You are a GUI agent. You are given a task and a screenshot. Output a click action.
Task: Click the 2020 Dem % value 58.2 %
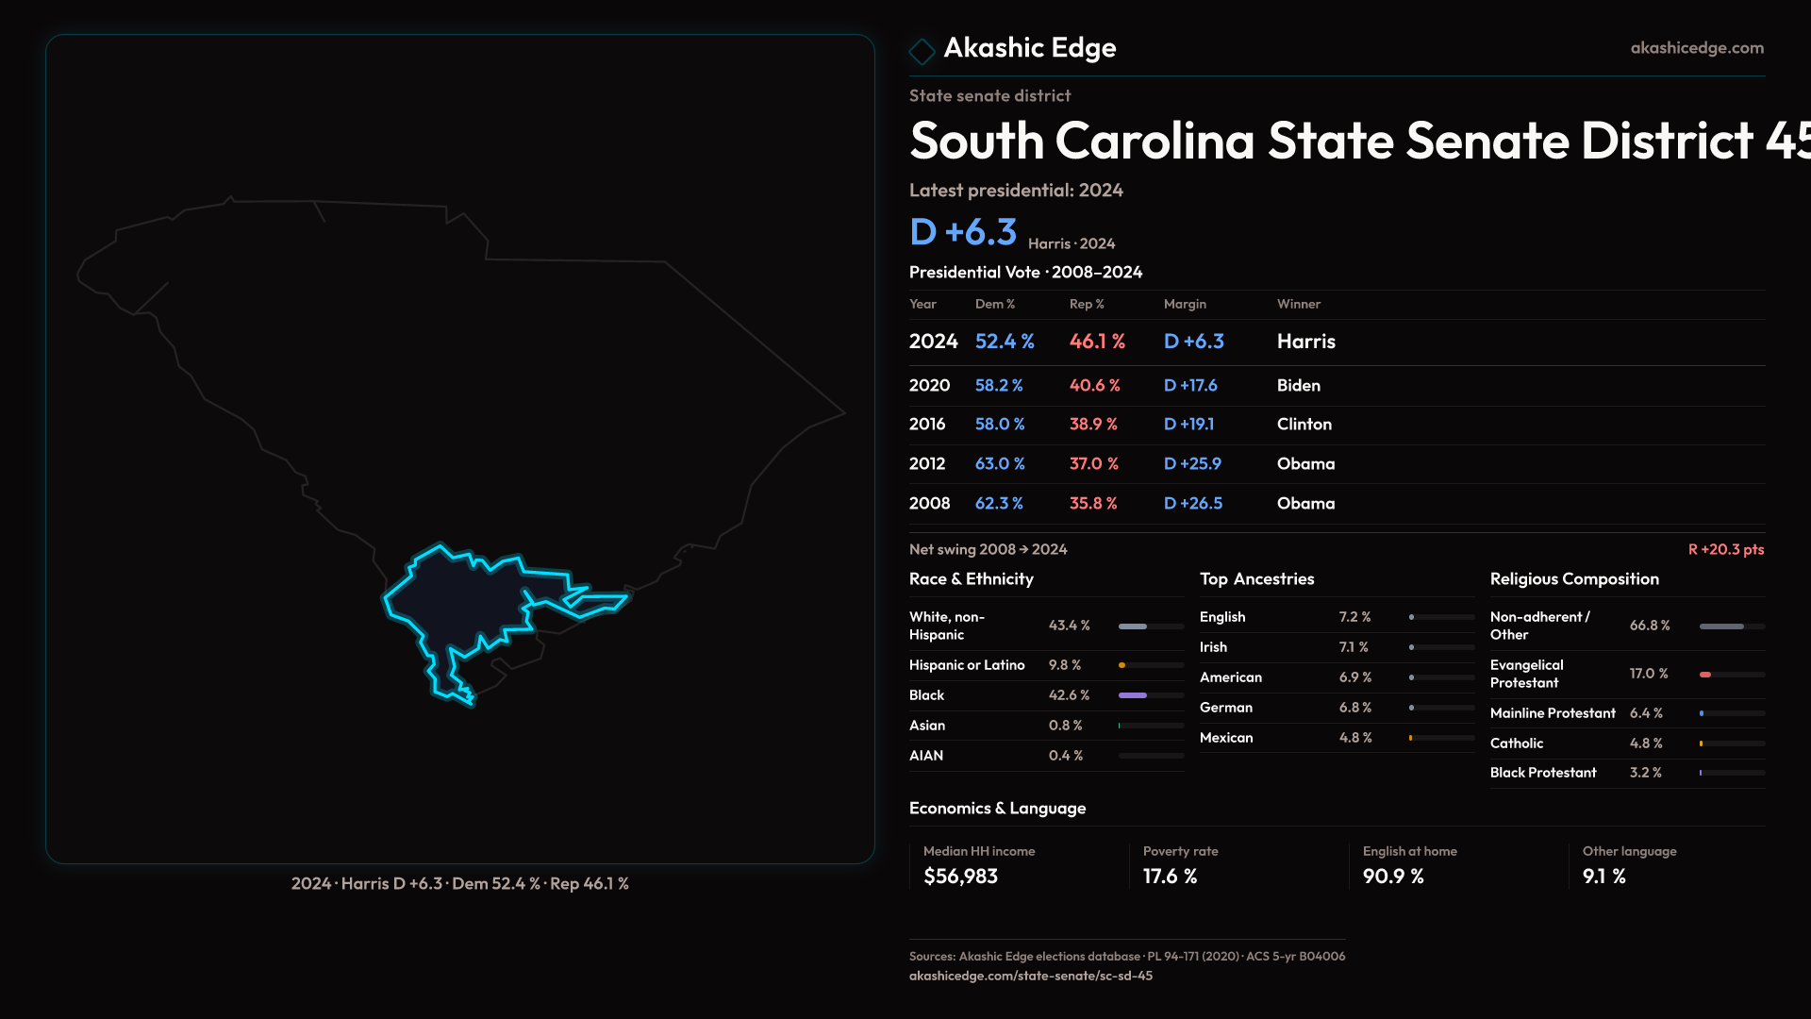[999, 385]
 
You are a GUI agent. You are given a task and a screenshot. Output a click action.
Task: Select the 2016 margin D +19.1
[1188, 425]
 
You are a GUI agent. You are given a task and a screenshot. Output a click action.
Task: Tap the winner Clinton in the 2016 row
[1304, 425]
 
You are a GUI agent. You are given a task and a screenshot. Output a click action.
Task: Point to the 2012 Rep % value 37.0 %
[1093, 464]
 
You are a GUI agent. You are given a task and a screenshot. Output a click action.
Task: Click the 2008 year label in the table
[929, 504]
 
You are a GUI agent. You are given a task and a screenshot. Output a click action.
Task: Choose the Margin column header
[1185, 304]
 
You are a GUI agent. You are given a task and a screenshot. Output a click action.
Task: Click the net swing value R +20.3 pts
[1725, 549]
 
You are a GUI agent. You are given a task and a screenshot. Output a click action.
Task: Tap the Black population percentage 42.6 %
[1069, 695]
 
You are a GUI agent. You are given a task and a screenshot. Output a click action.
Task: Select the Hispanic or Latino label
[967, 665]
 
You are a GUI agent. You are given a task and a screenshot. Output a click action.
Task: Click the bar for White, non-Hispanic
[1150, 626]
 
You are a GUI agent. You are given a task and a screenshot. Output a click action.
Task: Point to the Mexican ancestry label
[1226, 738]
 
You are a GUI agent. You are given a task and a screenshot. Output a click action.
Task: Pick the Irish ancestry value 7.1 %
[1354, 647]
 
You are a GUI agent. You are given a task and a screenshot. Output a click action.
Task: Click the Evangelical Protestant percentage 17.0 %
[1649, 674]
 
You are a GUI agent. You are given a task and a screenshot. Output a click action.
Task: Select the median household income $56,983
[960, 877]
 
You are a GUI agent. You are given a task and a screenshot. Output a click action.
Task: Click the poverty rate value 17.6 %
[1170, 877]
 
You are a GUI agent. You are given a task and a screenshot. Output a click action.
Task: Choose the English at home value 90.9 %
[1393, 877]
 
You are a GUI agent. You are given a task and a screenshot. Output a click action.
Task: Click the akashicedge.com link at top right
[1697, 48]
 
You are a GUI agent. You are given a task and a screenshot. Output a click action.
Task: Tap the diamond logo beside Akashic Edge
[922, 50]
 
